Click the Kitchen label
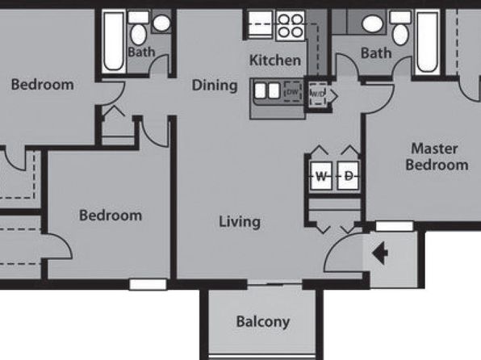coord(275,61)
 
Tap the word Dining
coord(215,86)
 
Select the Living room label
coord(240,222)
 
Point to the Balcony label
coord(263,322)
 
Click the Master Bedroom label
coord(437,157)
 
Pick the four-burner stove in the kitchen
coord(291,26)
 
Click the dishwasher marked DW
coord(293,91)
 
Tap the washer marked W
coord(321,176)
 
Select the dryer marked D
coord(348,176)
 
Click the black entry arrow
coord(380,253)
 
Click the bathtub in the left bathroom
coord(114,41)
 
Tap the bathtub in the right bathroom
coord(427,42)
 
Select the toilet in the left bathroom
coord(138,29)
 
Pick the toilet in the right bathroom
coord(400,29)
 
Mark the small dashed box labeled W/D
coord(318,94)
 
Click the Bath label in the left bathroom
coord(141,52)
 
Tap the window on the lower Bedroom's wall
coord(148,284)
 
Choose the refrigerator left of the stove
coord(260,24)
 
